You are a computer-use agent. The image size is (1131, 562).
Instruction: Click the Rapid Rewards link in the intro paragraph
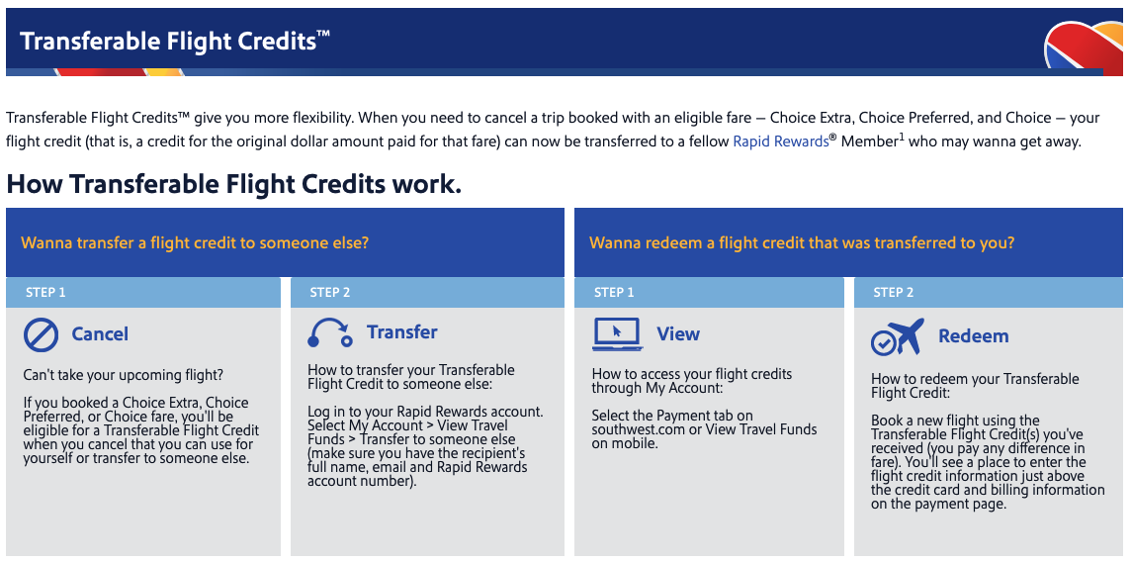tap(780, 141)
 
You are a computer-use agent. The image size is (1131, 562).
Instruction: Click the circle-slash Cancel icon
tap(41, 334)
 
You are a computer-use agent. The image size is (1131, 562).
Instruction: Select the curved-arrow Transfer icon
tap(330, 332)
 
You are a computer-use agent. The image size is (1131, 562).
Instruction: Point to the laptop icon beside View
tap(617, 334)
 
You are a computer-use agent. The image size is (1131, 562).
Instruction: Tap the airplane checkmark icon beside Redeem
tap(897, 336)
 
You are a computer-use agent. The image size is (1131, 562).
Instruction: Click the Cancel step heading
tap(100, 334)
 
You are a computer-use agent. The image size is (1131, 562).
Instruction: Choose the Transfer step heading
tap(401, 332)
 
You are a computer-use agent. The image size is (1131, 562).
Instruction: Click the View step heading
tap(678, 334)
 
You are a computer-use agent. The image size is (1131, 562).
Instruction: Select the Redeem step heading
tap(973, 336)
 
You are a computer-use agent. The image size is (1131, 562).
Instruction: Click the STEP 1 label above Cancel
tap(46, 293)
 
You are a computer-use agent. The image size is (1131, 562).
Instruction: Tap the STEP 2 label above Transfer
tap(330, 293)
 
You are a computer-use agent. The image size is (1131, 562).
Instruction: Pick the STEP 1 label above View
tap(614, 293)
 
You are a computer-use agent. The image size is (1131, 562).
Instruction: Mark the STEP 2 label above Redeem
tap(894, 293)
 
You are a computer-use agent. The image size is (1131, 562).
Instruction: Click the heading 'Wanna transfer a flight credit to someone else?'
tap(195, 242)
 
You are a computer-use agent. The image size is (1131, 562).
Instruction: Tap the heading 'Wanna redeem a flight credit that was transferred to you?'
tap(802, 242)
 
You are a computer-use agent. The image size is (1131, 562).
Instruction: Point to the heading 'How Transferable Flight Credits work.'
tap(233, 184)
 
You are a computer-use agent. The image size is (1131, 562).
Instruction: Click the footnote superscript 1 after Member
tap(901, 137)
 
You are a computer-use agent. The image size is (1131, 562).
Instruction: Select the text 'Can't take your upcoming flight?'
tap(124, 375)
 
